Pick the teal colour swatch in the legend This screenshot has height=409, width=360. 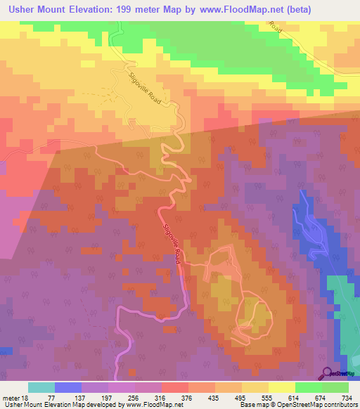pyautogui.click(x=41, y=387)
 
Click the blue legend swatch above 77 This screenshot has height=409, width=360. pyautogui.click(x=68, y=387)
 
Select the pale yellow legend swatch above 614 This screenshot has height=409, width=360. pyautogui.click(x=281, y=387)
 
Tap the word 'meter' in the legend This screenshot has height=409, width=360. pyautogui.click(x=11, y=397)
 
